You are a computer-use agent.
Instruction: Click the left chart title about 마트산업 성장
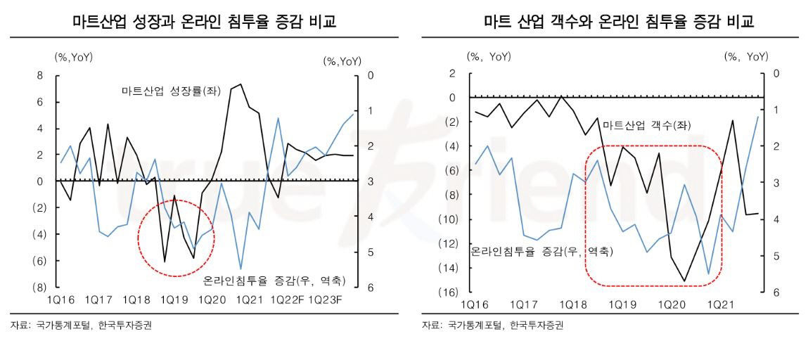(x=204, y=22)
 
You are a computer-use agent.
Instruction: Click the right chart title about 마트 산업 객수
(x=619, y=22)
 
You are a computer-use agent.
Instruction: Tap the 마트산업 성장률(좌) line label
(x=161, y=91)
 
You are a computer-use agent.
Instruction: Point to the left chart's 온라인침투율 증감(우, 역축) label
(x=274, y=281)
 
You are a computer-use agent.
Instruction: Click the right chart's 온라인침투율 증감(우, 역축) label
(x=540, y=250)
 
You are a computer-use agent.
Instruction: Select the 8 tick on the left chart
(x=39, y=75)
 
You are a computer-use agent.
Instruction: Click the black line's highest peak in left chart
(x=241, y=84)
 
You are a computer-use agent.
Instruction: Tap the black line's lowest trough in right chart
(x=684, y=281)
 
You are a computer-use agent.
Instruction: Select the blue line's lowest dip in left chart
(x=241, y=269)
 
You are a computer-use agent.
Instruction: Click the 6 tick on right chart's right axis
(x=776, y=292)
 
